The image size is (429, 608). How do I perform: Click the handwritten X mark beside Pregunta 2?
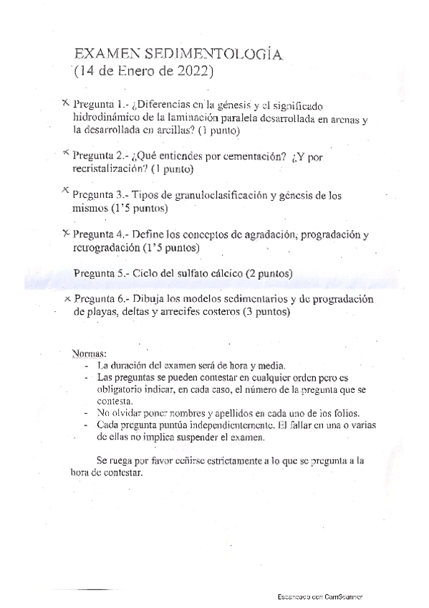[x=66, y=153]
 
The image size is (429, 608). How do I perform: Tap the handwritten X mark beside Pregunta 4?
[x=66, y=232]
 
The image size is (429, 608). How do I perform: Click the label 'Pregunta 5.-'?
[x=102, y=274]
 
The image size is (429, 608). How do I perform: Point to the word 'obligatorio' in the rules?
[x=117, y=389]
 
